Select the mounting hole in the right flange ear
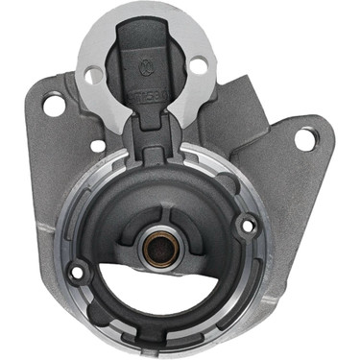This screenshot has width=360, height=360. click(x=304, y=138)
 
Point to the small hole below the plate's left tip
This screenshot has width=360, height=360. click(x=97, y=146)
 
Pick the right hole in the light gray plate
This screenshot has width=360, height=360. click(x=199, y=66)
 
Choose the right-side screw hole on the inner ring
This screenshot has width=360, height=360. click(x=248, y=227)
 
